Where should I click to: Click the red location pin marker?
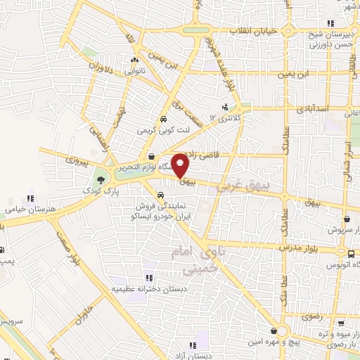click(x=181, y=166)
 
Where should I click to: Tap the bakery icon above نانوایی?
click(x=133, y=60)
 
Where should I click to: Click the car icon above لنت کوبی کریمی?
click(x=163, y=119)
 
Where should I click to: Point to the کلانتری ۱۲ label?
click(x=225, y=117)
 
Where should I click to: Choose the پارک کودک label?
click(x=98, y=191)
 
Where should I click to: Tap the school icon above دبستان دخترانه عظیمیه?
click(x=149, y=277)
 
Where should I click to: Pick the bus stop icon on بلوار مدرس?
click(x=349, y=252)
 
